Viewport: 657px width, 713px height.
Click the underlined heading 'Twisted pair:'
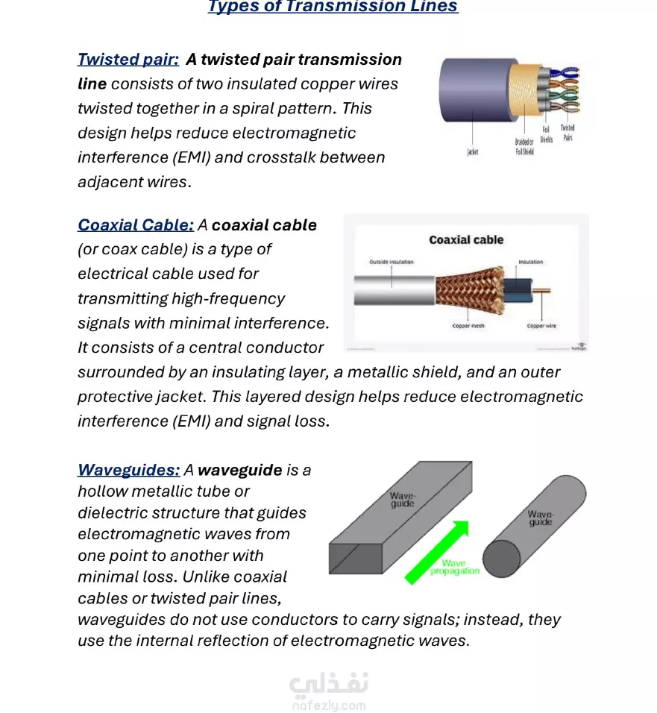128,60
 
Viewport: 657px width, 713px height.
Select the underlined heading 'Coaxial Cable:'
136,225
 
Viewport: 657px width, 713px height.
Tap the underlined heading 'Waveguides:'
128,470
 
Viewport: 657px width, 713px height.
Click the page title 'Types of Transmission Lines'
333,7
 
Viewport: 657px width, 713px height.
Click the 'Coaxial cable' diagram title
466,240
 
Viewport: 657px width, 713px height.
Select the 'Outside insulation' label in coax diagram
392,263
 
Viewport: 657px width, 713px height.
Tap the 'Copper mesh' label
468,326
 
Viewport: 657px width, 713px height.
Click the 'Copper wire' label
541,326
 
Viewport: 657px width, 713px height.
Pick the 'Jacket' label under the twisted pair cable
472,152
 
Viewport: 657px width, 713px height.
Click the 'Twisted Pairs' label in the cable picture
568,133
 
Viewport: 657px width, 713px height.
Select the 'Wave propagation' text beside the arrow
454,568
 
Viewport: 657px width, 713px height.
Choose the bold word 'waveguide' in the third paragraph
240,470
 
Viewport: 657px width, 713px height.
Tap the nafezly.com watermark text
329,704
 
